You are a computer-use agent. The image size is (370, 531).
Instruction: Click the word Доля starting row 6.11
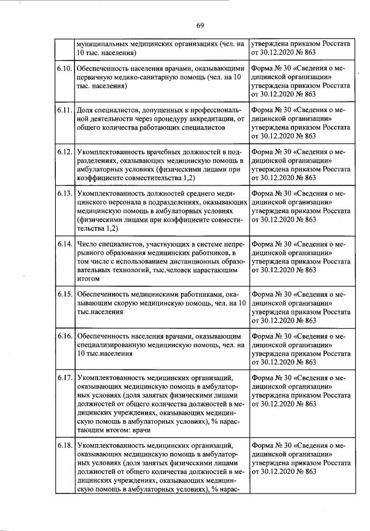point(86,110)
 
